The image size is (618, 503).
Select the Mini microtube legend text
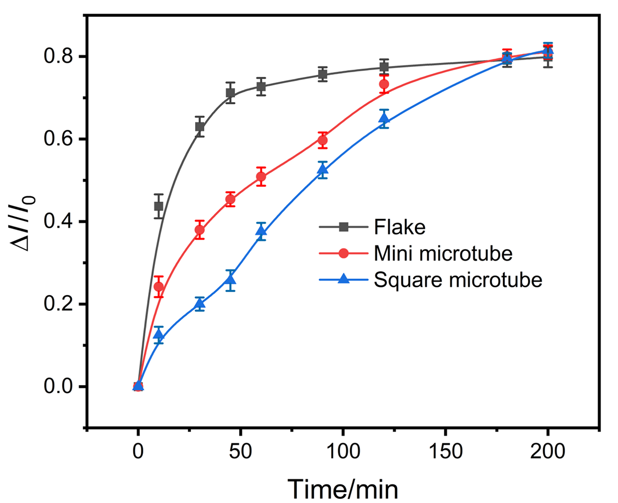pyautogui.click(x=443, y=254)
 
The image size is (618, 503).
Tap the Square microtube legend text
pyautogui.click(x=458, y=280)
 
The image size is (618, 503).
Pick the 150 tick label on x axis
pyautogui.click(x=445, y=451)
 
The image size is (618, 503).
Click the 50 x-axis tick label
pyautogui.click(x=240, y=451)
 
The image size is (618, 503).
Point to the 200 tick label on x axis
pyautogui.click(x=547, y=451)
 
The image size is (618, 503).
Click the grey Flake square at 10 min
pyautogui.click(x=159, y=206)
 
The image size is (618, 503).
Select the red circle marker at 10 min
pyautogui.click(x=159, y=287)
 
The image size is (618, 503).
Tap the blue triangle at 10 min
pyautogui.click(x=159, y=335)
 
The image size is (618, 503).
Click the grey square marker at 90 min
pyautogui.click(x=322, y=75)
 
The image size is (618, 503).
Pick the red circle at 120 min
pyautogui.click(x=384, y=84)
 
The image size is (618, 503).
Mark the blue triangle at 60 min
pyautogui.click(x=261, y=231)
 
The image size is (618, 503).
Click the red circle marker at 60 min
pyautogui.click(x=261, y=177)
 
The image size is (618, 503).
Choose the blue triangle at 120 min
pyautogui.click(x=384, y=118)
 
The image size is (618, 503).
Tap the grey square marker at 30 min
pyautogui.click(x=199, y=127)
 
